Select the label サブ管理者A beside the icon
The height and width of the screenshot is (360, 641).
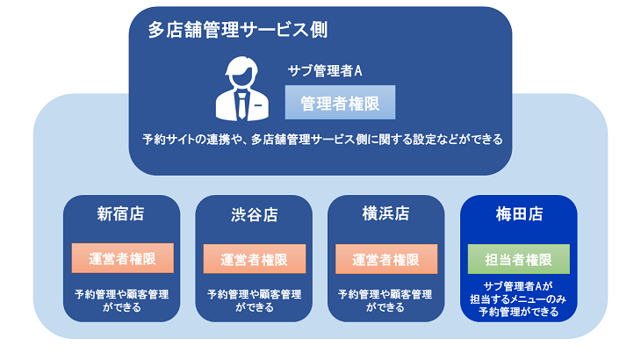325,70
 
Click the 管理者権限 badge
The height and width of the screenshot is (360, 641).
340,104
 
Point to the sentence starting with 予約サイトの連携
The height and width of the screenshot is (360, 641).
322,140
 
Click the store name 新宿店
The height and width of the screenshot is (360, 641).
121,214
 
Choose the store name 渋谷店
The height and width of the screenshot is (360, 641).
254,214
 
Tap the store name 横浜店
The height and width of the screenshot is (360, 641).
385,214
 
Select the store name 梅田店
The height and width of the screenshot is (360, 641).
518,214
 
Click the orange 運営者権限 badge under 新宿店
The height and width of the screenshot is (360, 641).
122,259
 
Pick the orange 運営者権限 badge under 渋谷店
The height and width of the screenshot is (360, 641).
254,259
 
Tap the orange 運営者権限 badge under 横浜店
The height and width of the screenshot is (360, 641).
385,259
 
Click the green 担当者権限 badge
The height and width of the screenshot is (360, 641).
518,259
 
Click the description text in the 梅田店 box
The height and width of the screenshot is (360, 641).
518,299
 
